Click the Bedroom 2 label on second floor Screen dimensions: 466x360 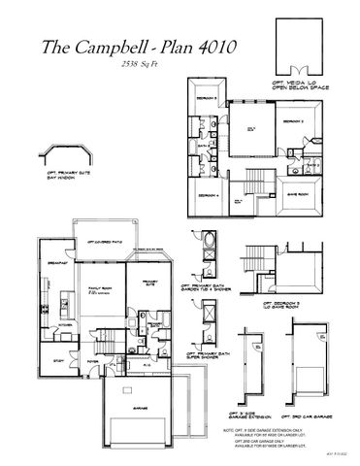click(294, 121)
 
